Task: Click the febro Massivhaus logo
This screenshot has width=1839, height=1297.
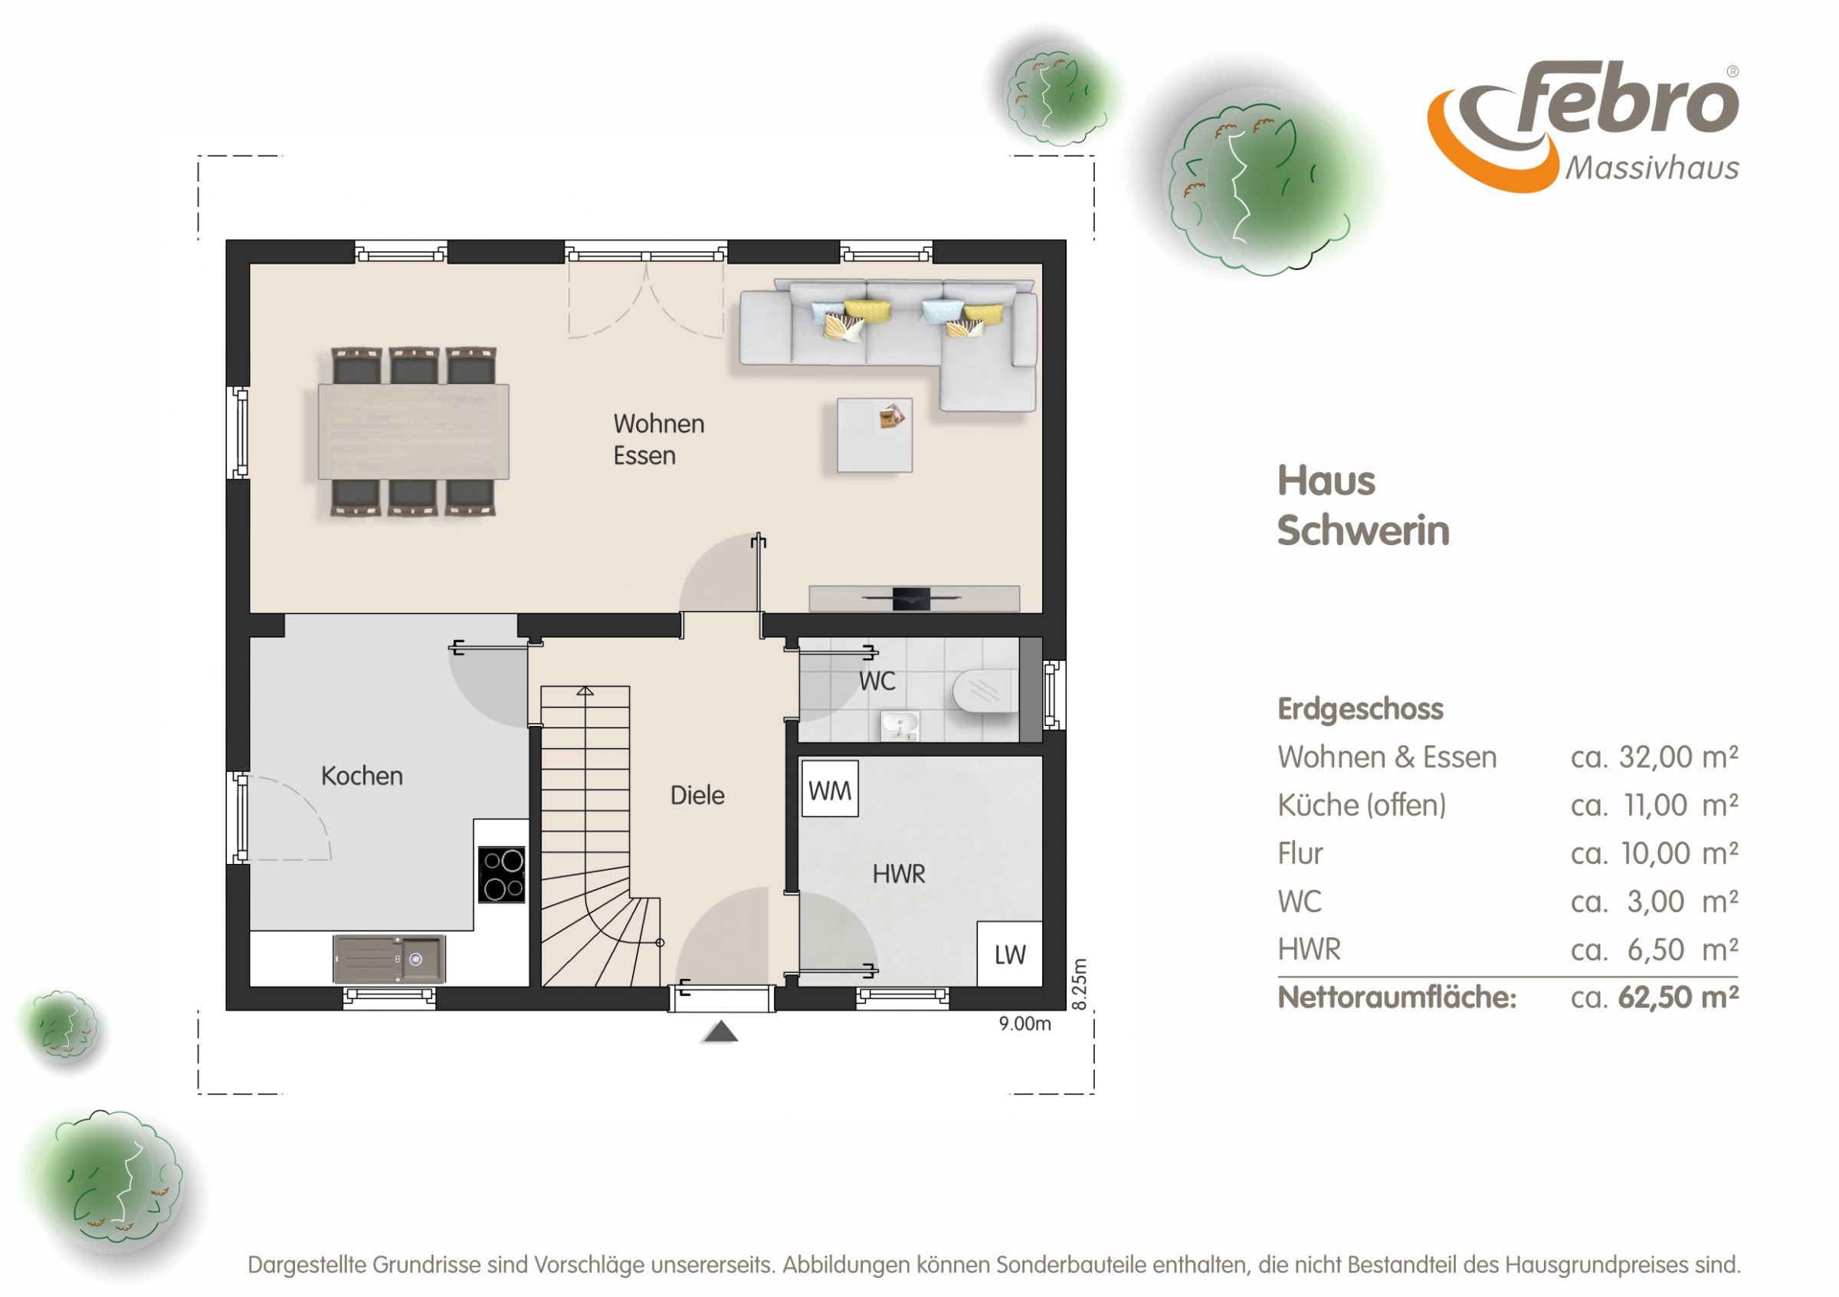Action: click(1583, 126)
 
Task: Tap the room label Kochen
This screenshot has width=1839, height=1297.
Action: click(362, 776)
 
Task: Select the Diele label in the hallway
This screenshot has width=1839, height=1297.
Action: click(697, 795)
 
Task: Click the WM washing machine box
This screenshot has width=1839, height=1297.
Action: click(830, 789)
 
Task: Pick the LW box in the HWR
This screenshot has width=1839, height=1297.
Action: click(1009, 954)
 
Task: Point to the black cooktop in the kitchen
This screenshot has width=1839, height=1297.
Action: click(501, 875)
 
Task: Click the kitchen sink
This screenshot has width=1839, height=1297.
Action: click(389, 958)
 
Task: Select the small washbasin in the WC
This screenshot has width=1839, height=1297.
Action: click(900, 725)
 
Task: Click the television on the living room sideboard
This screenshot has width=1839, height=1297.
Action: click(912, 598)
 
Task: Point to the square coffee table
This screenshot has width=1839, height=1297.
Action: click(874, 435)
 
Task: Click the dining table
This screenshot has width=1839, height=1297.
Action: click(413, 432)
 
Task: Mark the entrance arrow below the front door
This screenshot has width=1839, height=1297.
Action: click(720, 1032)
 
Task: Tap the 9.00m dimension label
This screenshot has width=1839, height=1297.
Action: click(1024, 1024)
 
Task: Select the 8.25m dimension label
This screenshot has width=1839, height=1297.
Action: click(1080, 984)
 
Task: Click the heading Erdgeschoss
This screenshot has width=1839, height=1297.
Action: click(1360, 709)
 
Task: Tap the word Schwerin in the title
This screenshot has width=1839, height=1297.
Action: click(1363, 530)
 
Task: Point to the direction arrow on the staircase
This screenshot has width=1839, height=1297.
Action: click(585, 691)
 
